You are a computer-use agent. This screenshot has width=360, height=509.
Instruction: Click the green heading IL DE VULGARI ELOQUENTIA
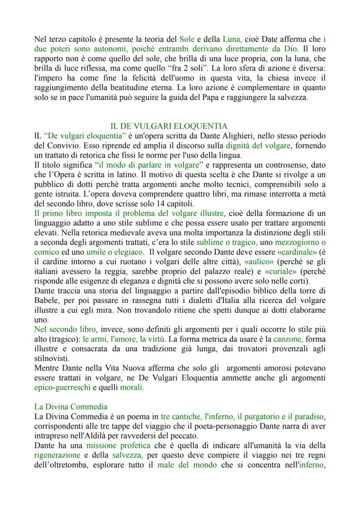[169, 126]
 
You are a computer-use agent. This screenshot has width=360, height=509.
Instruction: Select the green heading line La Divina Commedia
[71, 406]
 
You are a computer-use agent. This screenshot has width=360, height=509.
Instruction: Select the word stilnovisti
[52, 356]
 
